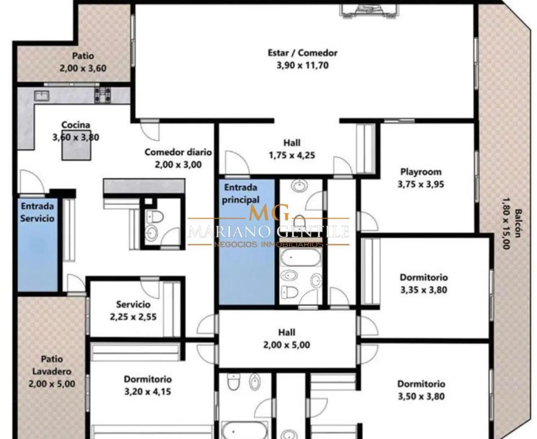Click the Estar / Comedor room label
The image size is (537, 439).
pyautogui.click(x=302, y=53)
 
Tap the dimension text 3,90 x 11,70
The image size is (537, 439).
pyautogui.click(x=302, y=65)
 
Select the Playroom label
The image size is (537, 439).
pyautogui.click(x=421, y=172)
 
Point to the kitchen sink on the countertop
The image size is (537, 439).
pyautogui.click(x=42, y=96)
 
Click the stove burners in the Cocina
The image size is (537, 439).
pyautogui.click(x=102, y=95)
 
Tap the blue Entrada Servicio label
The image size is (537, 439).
pyautogui.click(x=37, y=212)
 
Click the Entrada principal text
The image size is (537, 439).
pyautogui.click(x=241, y=193)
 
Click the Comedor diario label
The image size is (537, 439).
pyautogui.click(x=178, y=152)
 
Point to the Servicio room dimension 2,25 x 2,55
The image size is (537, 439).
pyautogui.click(x=133, y=317)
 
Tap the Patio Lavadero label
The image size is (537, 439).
pyautogui.click(x=52, y=365)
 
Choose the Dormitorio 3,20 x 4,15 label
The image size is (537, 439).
pyautogui.click(x=148, y=385)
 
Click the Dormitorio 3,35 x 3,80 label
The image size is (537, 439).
pyautogui.click(x=424, y=283)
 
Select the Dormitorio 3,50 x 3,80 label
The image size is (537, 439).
pyautogui.click(x=421, y=390)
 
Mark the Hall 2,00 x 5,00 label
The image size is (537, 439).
pyautogui.click(x=287, y=339)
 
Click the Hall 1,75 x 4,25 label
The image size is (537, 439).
pyautogui.click(x=292, y=149)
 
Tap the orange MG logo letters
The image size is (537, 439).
pyautogui.click(x=269, y=212)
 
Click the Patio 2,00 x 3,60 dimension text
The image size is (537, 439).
pyautogui.click(x=83, y=68)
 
